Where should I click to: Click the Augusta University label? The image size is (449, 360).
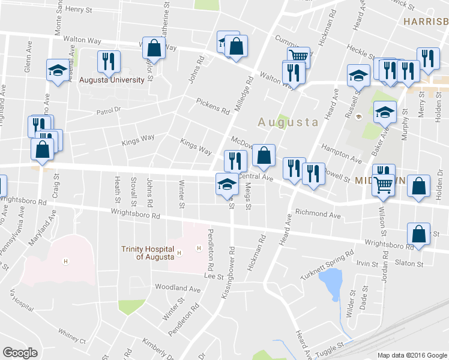pyautogui.click(x=112, y=80)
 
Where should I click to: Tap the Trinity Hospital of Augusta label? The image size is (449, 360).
pyautogui.click(x=147, y=253)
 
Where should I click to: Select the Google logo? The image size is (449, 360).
pyautogui.click(x=20, y=353)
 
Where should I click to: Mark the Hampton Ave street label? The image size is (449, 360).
pyautogui.click(x=342, y=155)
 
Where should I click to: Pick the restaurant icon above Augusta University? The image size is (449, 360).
pyautogui.click(x=109, y=61)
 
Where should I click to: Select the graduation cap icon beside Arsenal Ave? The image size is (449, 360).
pyautogui.click(x=58, y=70)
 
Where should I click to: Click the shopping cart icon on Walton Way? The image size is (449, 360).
pyautogui.click(x=298, y=56)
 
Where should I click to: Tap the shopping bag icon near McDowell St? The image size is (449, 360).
pyautogui.click(x=264, y=155)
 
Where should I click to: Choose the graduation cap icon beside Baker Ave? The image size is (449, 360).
pyautogui.click(x=385, y=112)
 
